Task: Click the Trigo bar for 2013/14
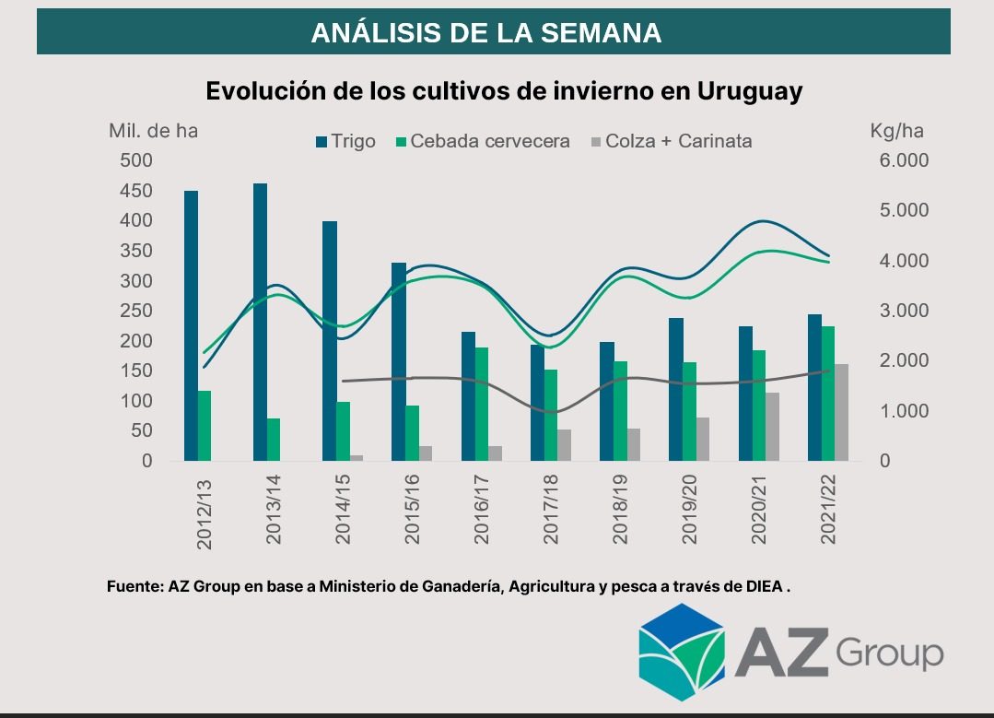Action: click(261, 322)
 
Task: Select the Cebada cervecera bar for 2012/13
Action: click(205, 425)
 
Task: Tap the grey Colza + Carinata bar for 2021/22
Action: click(841, 412)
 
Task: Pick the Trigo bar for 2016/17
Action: click(468, 395)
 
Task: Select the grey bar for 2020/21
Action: click(772, 426)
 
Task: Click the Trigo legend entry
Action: click(345, 141)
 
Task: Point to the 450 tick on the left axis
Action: click(136, 191)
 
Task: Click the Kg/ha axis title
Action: click(896, 131)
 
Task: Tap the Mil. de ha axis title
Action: click(153, 131)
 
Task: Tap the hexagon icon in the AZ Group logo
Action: click(682, 652)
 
